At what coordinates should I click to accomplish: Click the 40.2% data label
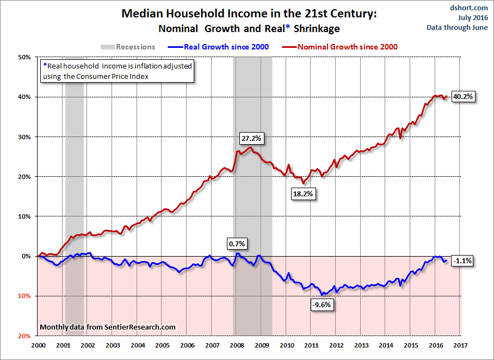pos(463,96)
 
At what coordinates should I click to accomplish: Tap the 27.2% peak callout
pos(250,138)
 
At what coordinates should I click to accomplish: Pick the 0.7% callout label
pos(237,243)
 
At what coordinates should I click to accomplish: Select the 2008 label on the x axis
pos(237,345)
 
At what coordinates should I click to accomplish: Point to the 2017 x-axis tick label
pos(461,345)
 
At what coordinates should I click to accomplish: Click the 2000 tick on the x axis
pos(38,345)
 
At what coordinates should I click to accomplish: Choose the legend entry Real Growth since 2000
pos(220,47)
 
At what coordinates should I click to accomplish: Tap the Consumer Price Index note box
pos(117,71)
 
